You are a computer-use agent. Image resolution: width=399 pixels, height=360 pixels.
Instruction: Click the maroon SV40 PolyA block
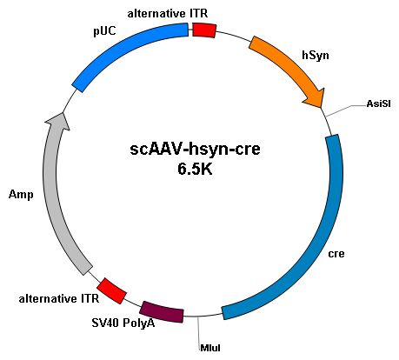162,312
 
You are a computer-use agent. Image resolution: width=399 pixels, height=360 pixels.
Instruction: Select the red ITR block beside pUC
204,30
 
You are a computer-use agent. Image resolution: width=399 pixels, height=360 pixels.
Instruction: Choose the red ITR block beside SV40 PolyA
111,291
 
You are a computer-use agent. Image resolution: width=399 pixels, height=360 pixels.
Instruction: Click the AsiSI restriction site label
378,103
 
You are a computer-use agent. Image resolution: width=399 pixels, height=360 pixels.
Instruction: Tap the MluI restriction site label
210,348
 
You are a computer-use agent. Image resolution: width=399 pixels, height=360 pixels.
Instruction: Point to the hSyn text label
316,55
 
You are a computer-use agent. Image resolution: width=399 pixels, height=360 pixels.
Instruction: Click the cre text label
336,254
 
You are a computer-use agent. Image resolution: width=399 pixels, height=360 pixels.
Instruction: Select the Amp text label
21,195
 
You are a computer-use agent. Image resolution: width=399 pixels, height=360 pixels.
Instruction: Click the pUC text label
104,31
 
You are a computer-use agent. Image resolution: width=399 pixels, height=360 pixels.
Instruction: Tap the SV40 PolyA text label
123,323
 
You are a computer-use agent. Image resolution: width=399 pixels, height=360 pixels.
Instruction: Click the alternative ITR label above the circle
168,14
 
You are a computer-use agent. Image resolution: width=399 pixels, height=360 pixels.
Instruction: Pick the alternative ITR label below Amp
59,298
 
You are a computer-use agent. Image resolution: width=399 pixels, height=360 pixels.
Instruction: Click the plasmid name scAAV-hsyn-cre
195,150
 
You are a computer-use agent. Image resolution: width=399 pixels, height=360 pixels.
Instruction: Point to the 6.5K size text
195,170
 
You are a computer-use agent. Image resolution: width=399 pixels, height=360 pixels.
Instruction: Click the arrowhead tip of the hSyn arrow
321,108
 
